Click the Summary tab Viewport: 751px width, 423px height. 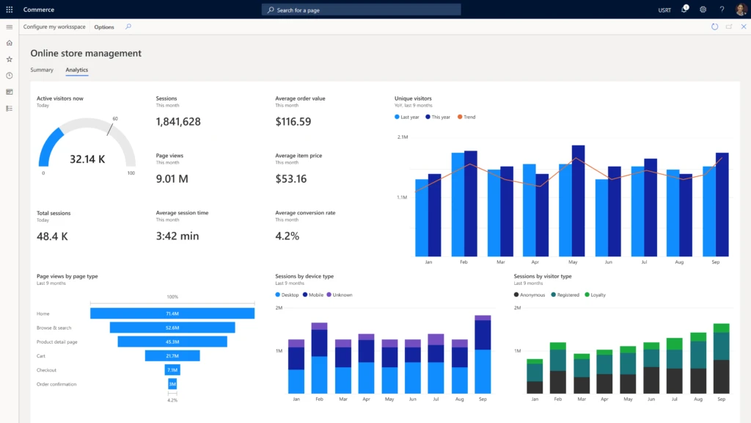click(42, 70)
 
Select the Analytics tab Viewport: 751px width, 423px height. click(76, 70)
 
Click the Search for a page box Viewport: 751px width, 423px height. click(361, 10)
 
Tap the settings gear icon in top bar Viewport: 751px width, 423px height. click(703, 10)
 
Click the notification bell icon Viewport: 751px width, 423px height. click(684, 10)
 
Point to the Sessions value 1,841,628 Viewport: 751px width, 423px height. click(178, 121)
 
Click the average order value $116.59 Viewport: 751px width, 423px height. click(293, 121)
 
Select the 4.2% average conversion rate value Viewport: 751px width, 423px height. click(287, 236)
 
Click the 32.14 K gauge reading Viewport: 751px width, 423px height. click(87, 159)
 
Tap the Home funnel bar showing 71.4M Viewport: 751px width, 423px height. click(172, 314)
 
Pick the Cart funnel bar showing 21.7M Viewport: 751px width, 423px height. click(172, 355)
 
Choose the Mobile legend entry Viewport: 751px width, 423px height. click(313, 294)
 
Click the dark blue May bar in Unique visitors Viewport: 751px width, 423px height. click(578, 200)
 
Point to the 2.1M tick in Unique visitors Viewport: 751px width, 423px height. click(403, 137)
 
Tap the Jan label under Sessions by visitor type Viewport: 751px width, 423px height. click(535, 399)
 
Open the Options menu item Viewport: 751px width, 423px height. click(104, 27)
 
